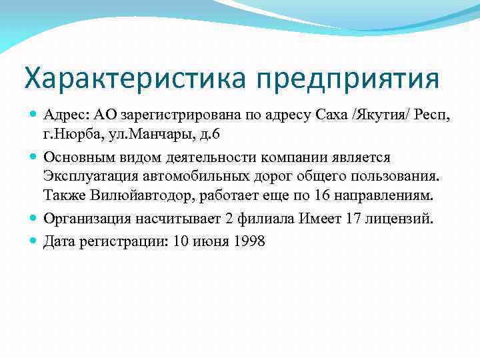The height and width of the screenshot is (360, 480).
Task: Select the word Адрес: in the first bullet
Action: pyautogui.click(x=67, y=117)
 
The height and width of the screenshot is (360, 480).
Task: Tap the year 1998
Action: pyautogui.click(x=249, y=241)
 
